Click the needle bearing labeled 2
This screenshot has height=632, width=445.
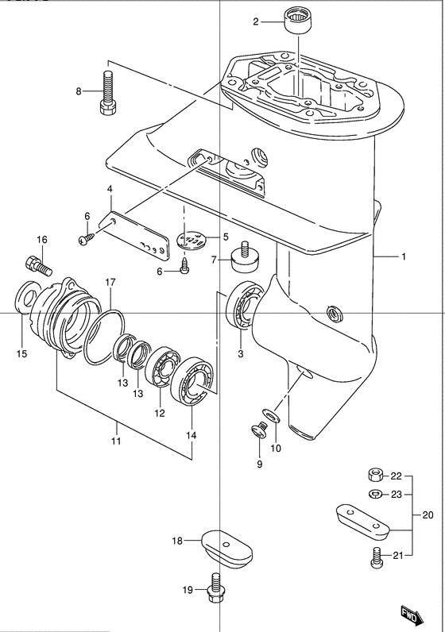pyautogui.click(x=298, y=21)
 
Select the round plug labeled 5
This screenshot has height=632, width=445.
pyautogui.click(x=190, y=241)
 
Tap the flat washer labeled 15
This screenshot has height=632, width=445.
pyautogui.click(x=28, y=298)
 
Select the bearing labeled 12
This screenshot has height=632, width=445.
pyautogui.click(x=162, y=366)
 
